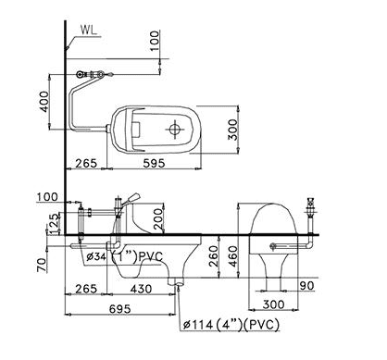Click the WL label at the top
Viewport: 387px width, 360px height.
pyautogui.click(x=89, y=30)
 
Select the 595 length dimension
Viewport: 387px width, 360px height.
pyautogui.click(x=154, y=163)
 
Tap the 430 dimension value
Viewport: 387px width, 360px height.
pyautogui.click(x=141, y=289)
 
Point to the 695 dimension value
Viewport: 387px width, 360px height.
pyautogui.click(x=119, y=309)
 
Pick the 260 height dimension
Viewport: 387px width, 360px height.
pyautogui.click(x=213, y=256)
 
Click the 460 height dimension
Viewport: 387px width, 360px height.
pyautogui.click(x=233, y=256)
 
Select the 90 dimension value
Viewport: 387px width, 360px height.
pyautogui.click(x=306, y=286)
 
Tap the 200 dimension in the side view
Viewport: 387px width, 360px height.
pyautogui.click(x=157, y=218)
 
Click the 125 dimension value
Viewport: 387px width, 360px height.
pyautogui.click(x=55, y=224)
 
